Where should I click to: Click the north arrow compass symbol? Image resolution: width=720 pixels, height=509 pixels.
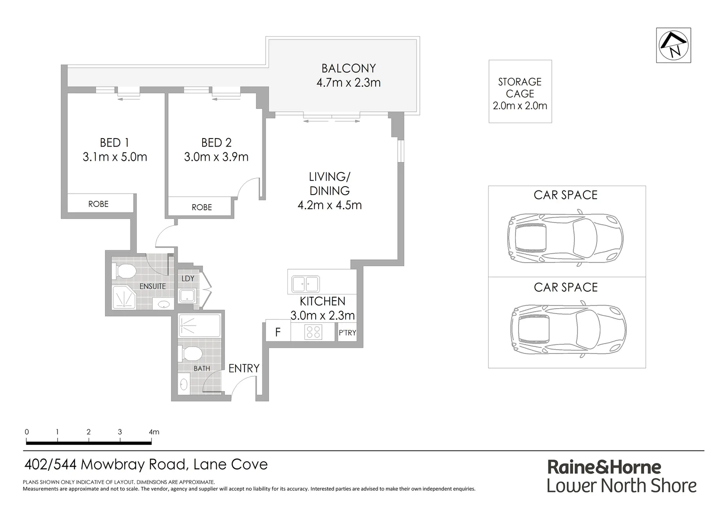pos(673,45)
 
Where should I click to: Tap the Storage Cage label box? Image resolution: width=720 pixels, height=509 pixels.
pos(520,92)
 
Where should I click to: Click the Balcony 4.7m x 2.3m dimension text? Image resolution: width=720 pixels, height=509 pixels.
pos(348,83)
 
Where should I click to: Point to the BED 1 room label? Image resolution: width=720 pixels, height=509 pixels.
pos(114,142)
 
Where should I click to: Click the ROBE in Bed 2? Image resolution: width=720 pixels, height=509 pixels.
pos(201,207)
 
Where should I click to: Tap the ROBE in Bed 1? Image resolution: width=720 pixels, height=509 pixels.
pos(98,204)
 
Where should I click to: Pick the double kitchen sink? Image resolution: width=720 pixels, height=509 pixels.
pos(305,284)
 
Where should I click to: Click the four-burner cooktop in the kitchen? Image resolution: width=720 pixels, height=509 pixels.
pos(313,332)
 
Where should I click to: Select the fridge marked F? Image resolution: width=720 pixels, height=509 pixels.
pos(278,332)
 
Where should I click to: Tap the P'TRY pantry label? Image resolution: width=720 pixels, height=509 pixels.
pos(347,333)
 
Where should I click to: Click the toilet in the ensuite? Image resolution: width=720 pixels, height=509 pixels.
pos(125,271)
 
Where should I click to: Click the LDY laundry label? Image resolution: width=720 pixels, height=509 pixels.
pos(188,279)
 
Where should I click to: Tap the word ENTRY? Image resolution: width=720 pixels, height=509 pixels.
pos(244,369)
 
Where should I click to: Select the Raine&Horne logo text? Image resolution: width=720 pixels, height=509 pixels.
pos(604,467)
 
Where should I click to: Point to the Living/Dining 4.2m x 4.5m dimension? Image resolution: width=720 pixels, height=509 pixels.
pos(329,205)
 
